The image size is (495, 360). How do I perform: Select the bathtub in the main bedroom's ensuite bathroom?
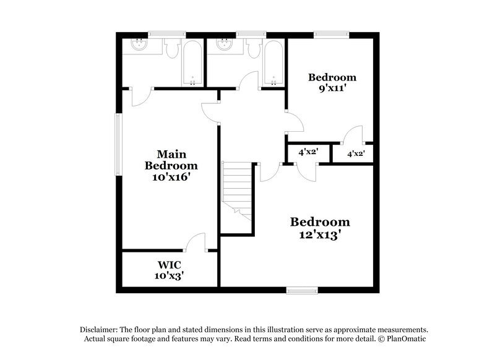tap(192, 63)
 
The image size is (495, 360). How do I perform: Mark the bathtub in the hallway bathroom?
tap(273, 63)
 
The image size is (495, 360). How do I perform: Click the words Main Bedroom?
tap(171, 160)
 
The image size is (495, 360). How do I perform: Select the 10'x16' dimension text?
tap(171, 176)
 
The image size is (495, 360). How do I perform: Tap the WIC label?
tap(170, 264)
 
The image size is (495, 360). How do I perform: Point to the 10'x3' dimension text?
tap(170, 275)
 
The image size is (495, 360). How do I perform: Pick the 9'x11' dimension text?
tap(332, 88)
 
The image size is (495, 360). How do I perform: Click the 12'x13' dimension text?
tap(321, 234)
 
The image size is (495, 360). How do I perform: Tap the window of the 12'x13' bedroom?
tap(302, 289)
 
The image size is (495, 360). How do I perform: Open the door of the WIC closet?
tap(197, 243)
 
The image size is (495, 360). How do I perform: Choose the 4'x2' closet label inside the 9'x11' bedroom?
tap(356, 153)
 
